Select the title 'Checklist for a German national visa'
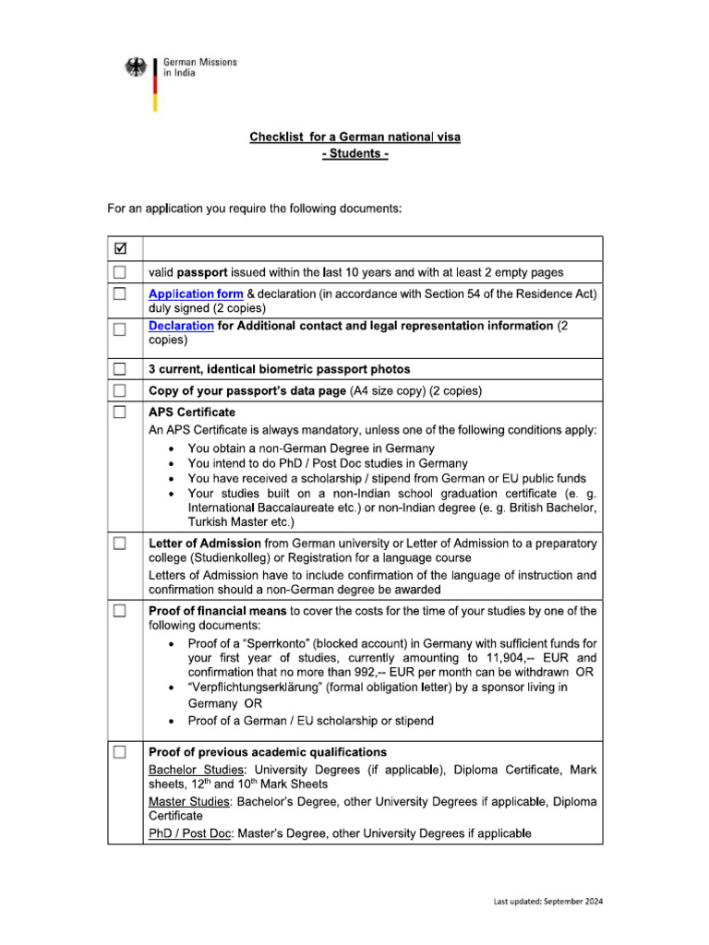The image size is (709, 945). (x=354, y=138)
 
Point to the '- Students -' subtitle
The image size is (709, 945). (x=354, y=153)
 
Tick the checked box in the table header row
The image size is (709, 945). (x=119, y=248)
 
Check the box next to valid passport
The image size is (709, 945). (x=119, y=272)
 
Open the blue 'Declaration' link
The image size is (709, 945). (x=181, y=326)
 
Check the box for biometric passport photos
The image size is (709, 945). (x=119, y=369)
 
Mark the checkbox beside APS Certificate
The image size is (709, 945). (x=119, y=413)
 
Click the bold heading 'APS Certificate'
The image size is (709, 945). (x=192, y=413)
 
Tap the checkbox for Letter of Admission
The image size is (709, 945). (x=119, y=544)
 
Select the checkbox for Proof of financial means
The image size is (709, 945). (x=119, y=611)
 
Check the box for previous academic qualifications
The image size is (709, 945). (x=119, y=752)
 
